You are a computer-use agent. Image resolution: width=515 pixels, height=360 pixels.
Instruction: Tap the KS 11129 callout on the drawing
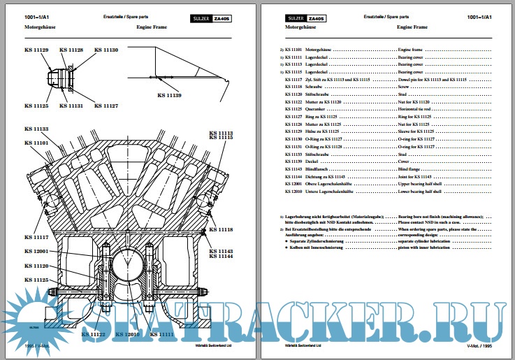[36, 50]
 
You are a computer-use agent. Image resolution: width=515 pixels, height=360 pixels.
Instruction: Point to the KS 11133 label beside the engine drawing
[36, 129]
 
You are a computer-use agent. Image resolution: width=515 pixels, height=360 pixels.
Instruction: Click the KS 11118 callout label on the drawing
[222, 230]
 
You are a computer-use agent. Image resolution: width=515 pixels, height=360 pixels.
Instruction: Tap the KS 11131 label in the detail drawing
[71, 106]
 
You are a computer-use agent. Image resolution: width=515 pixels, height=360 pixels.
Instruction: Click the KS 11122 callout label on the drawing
[93, 335]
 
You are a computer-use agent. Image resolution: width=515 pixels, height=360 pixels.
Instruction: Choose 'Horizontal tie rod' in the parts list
[418, 109]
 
